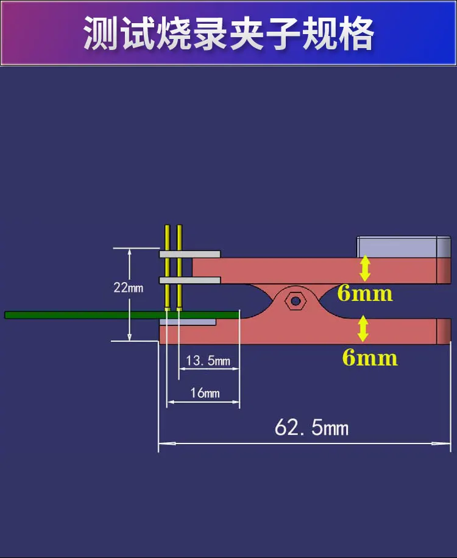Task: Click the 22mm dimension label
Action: [x=128, y=288]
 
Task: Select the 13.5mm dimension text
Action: [x=208, y=361]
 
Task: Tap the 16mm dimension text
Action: [x=205, y=393]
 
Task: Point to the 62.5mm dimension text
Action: [x=311, y=427]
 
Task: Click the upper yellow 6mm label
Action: [x=365, y=294]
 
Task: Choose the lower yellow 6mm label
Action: [x=370, y=358]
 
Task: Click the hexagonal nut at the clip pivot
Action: [x=296, y=301]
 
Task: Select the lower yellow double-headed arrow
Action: [x=363, y=329]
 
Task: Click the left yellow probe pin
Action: [x=168, y=267]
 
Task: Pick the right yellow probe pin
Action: [x=179, y=267]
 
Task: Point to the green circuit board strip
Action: [x=122, y=315]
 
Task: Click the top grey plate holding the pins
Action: [x=190, y=254]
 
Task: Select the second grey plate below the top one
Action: [x=190, y=280]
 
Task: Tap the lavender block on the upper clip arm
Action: [x=403, y=247]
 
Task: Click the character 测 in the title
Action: [x=101, y=33]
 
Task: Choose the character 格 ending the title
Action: [x=356, y=33]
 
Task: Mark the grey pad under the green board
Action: [x=188, y=322]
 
